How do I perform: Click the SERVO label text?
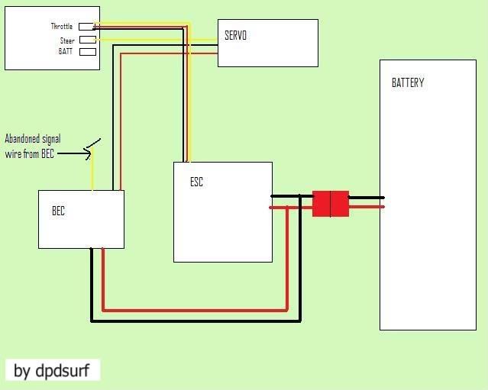(x=235, y=35)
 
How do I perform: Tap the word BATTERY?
(x=407, y=82)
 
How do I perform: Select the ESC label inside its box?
(x=196, y=182)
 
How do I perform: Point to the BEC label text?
(x=58, y=211)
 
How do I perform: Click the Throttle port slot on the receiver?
(x=87, y=27)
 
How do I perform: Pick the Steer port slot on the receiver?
(x=87, y=40)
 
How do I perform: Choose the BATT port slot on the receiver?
(x=87, y=52)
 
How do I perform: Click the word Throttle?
(x=61, y=27)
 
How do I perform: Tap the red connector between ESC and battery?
(x=330, y=204)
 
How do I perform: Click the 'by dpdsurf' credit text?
(x=52, y=372)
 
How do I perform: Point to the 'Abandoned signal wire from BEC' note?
(x=33, y=146)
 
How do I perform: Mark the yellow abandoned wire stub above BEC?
(x=92, y=172)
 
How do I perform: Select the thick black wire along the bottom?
(x=195, y=321)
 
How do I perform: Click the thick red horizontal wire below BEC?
(x=195, y=311)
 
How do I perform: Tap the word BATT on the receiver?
(x=66, y=52)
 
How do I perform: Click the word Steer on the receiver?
(x=67, y=40)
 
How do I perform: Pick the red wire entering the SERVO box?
(x=206, y=54)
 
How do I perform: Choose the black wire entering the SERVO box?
(x=206, y=46)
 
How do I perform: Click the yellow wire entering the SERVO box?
(x=206, y=38)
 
